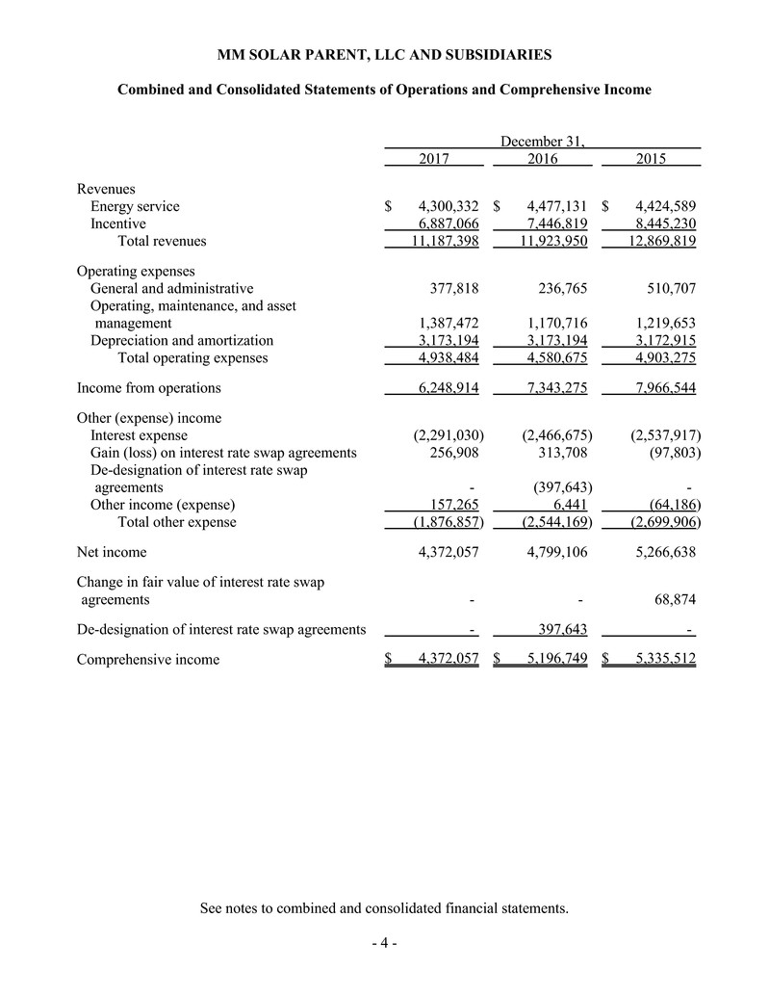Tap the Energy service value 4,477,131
click(551, 206)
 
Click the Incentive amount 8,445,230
click(659, 223)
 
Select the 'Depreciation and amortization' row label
click(182, 340)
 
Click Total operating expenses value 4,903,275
click(659, 358)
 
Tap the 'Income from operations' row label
click(148, 388)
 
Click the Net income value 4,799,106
click(551, 553)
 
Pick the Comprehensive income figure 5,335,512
click(659, 660)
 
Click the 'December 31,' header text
click(543, 142)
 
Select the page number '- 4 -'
click(384, 943)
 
